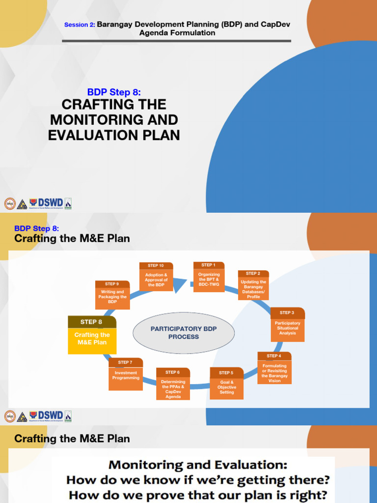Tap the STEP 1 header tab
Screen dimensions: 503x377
pos(209,265)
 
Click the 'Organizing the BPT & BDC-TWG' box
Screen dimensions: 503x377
pos(209,280)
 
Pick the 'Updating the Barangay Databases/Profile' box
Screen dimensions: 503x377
pos(253,289)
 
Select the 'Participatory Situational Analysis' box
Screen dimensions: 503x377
pos(287,328)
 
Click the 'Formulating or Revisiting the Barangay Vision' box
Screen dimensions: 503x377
pos(274,373)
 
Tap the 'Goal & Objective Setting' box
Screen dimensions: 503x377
pos(226,388)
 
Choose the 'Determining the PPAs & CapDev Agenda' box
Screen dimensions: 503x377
pos(173,389)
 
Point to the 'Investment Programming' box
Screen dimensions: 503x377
pos(126,377)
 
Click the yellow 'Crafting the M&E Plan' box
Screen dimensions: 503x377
pos(92,340)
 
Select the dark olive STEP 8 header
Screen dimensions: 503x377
pos(92,322)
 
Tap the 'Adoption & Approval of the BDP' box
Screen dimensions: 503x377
pos(156,279)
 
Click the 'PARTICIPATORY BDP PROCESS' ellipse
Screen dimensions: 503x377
pos(184,333)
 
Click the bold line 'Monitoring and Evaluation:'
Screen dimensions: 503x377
pos(198,465)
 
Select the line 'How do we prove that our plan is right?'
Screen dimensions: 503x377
pos(198,495)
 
